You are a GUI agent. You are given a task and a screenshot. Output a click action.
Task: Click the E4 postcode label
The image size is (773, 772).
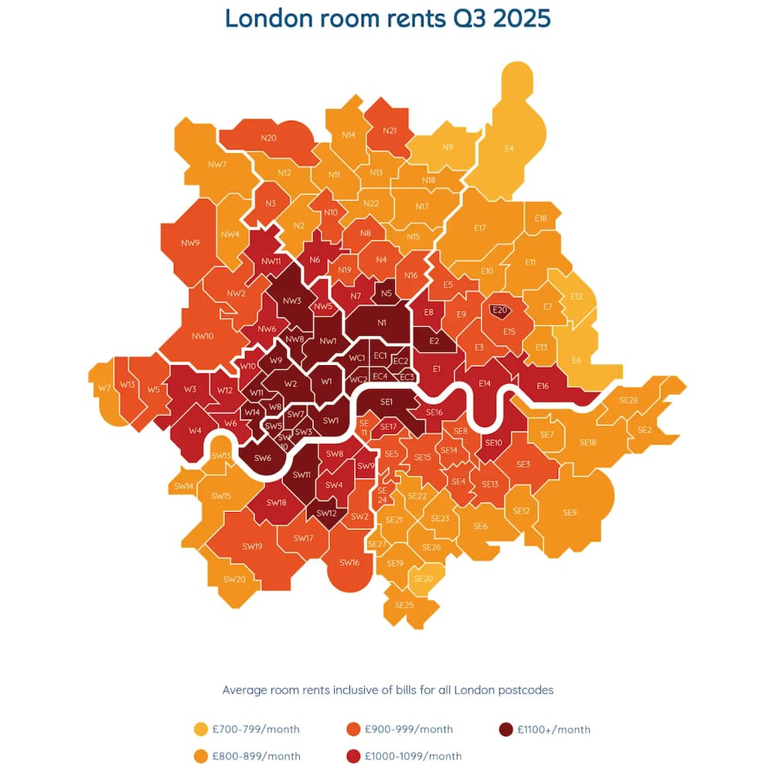[x=509, y=149]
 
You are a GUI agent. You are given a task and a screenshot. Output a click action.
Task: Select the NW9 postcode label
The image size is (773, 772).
[x=190, y=243]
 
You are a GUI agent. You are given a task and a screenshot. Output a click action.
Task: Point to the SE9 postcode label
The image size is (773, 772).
[x=570, y=512]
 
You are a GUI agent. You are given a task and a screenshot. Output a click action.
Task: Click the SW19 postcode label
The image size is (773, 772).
[x=252, y=547]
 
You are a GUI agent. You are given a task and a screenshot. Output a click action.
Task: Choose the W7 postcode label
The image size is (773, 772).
[x=104, y=387]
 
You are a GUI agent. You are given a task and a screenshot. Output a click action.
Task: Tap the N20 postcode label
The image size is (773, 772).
[x=268, y=138]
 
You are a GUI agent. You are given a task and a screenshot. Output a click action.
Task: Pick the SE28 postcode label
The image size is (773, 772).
[x=628, y=400]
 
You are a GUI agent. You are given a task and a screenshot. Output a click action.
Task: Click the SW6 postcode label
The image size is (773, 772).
[x=263, y=458]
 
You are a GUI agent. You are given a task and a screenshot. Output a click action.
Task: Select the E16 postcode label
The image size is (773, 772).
[x=542, y=385]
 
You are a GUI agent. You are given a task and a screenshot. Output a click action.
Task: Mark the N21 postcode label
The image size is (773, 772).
[x=390, y=131]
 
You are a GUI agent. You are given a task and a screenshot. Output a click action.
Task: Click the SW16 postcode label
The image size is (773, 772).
[x=349, y=562]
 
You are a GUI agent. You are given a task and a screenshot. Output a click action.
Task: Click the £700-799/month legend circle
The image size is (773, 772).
[x=201, y=729]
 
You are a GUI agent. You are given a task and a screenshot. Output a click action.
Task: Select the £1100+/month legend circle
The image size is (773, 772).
[x=506, y=729]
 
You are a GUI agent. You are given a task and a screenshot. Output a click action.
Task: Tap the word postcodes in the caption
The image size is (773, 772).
[x=523, y=689]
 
